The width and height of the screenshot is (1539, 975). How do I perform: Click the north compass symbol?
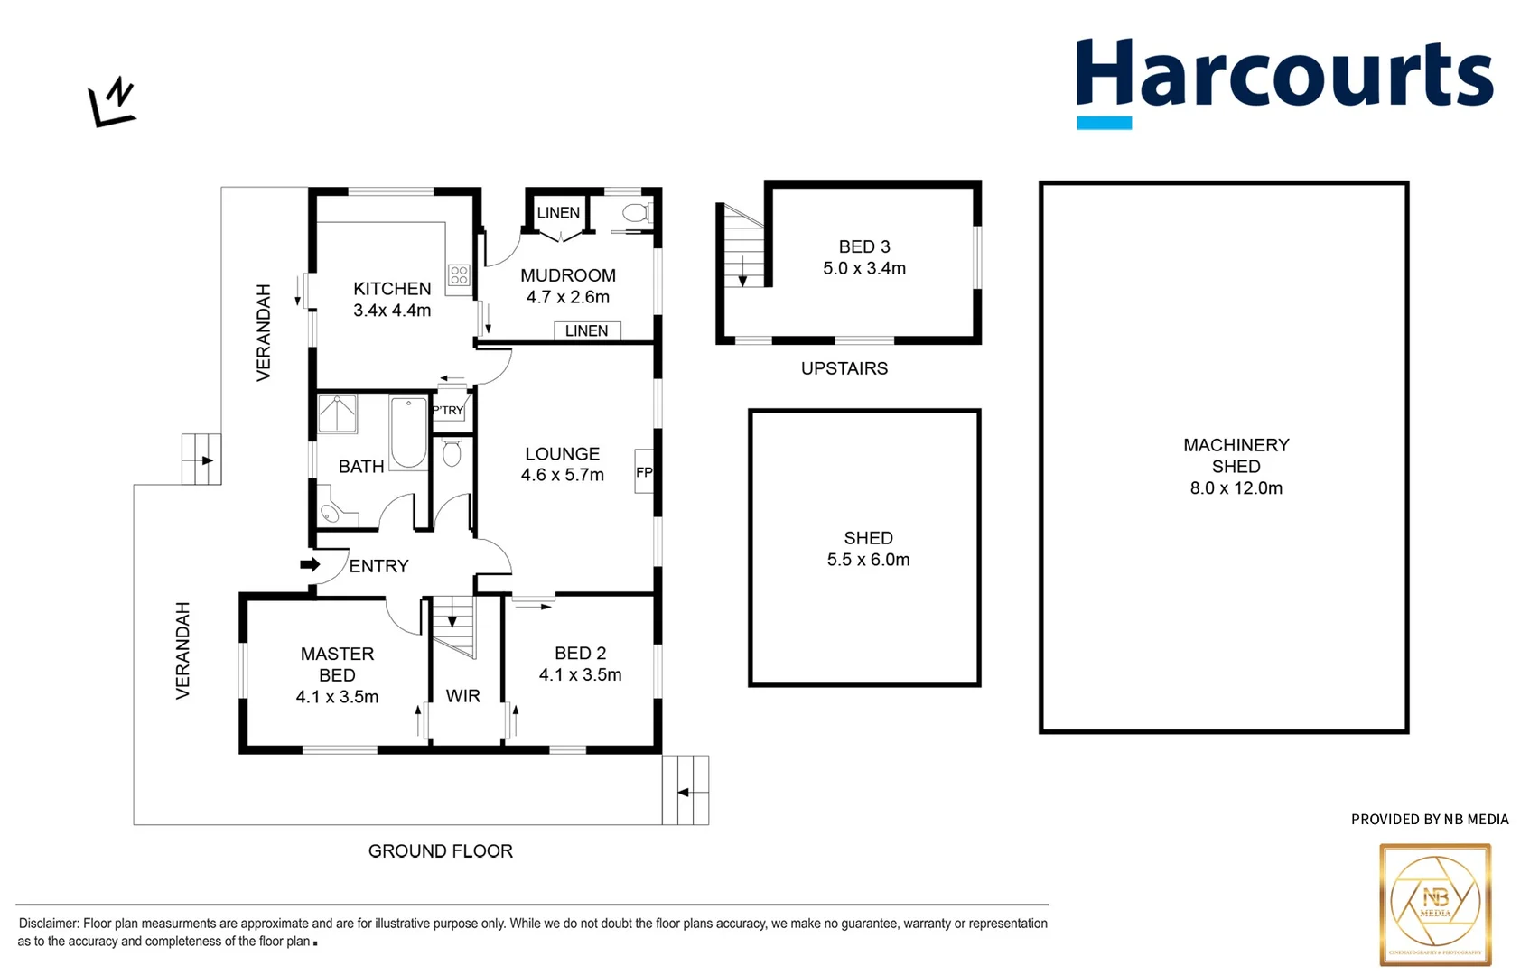(112, 103)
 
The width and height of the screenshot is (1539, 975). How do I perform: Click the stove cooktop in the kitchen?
(459, 274)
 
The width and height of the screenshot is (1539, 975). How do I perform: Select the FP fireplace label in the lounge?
(644, 472)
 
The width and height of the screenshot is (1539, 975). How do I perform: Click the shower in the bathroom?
(338, 413)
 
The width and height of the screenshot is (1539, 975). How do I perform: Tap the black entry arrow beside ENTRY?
(310, 564)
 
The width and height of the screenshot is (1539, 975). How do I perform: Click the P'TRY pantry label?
(448, 410)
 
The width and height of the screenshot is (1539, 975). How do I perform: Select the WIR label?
(463, 696)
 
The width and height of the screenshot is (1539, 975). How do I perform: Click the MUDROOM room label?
(568, 275)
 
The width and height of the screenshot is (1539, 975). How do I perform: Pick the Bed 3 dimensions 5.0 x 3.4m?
(864, 268)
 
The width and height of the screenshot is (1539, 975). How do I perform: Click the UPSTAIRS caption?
(844, 368)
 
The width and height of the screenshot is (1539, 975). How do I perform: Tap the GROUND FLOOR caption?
(441, 851)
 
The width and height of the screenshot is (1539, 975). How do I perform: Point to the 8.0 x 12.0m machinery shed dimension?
(1236, 488)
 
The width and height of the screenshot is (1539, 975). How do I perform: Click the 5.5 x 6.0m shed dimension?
(868, 560)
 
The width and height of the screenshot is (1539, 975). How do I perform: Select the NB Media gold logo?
(1435, 904)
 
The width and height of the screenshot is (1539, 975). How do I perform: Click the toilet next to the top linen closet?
(636, 213)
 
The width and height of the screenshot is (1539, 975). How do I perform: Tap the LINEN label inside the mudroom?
(587, 331)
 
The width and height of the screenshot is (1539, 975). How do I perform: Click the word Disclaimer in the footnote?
(49, 924)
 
